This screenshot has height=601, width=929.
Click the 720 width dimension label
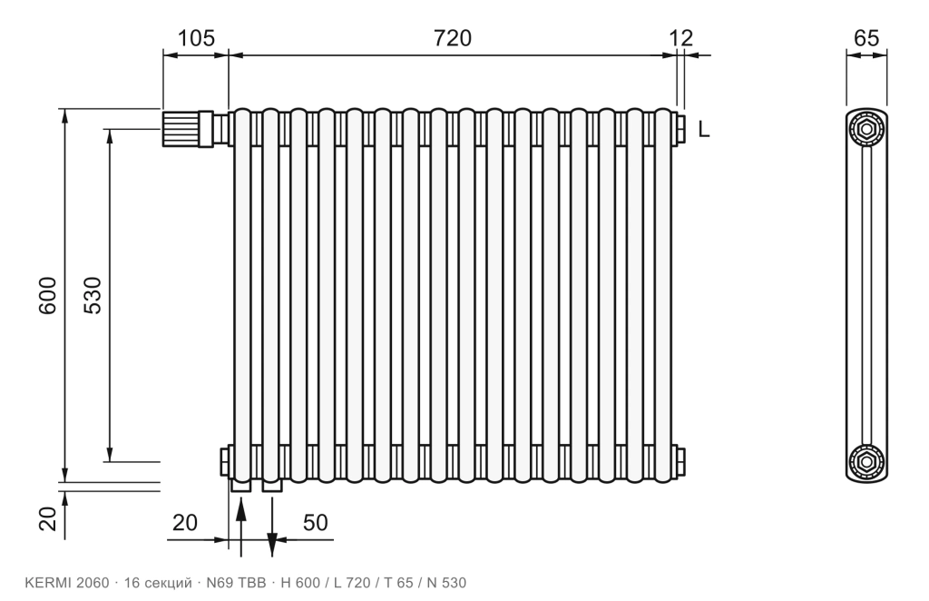[x=453, y=38]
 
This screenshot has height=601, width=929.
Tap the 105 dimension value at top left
[x=196, y=38]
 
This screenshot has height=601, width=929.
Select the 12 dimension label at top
[x=681, y=38]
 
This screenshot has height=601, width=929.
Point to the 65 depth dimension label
[x=866, y=38]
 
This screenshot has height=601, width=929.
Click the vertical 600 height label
[x=47, y=295]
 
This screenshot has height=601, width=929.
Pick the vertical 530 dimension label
[x=93, y=295]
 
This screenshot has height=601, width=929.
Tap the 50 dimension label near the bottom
[x=315, y=523]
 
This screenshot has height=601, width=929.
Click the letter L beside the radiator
[x=703, y=129]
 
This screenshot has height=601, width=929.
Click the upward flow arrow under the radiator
[x=240, y=527]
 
